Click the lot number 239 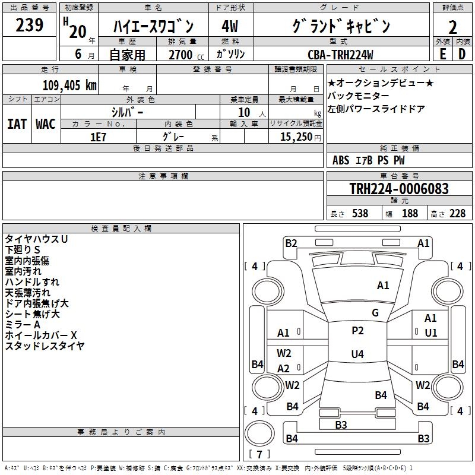[x=29, y=26]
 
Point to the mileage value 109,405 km [x=69, y=85]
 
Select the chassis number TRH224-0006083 [x=398, y=189]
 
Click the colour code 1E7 [x=98, y=137]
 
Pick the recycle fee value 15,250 [x=296, y=137]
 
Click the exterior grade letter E [x=442, y=54]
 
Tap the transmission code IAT [x=17, y=124]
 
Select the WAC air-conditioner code [x=45, y=124]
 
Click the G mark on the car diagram [x=375, y=313]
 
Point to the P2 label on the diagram [x=357, y=331]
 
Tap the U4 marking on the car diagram [x=357, y=354]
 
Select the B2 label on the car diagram [x=291, y=243]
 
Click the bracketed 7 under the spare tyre [x=259, y=455]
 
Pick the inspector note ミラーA [x=23, y=325]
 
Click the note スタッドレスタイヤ [x=45, y=346]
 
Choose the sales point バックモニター [x=359, y=96]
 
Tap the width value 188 [x=410, y=214]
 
